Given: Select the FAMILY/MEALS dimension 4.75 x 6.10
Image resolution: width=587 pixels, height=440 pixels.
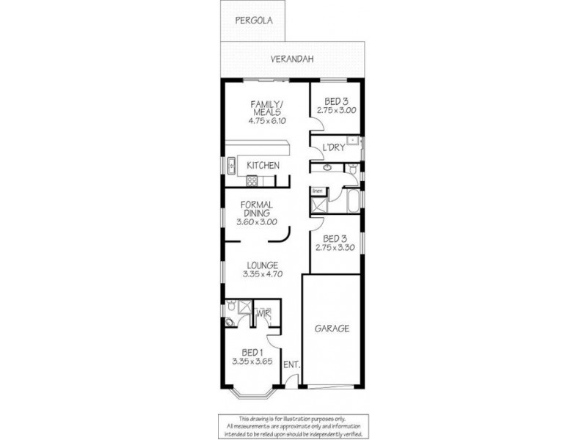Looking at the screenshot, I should pyautogui.click(x=263, y=122).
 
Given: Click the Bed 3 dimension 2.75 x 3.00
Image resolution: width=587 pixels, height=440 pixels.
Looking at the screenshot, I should pyautogui.click(x=336, y=110).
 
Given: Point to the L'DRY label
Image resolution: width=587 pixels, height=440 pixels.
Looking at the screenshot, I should pyautogui.click(x=333, y=148).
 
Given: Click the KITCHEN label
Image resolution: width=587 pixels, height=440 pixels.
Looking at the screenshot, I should pyautogui.click(x=262, y=166).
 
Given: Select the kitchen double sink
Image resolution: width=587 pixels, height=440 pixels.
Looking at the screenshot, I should pyautogui.click(x=230, y=165).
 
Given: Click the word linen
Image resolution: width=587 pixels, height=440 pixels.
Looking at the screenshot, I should pyautogui.click(x=318, y=191).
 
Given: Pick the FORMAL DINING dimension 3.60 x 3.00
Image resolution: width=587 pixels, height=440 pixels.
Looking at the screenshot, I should pyautogui.click(x=256, y=222).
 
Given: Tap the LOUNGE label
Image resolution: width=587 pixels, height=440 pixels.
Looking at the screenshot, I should pyautogui.click(x=262, y=265).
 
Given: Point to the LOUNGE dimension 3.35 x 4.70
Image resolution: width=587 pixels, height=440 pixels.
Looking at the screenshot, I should pyautogui.click(x=262, y=274).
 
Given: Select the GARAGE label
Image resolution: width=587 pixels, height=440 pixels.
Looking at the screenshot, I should pyautogui.click(x=332, y=329).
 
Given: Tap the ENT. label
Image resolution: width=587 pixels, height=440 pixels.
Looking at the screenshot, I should pyautogui.click(x=290, y=364).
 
